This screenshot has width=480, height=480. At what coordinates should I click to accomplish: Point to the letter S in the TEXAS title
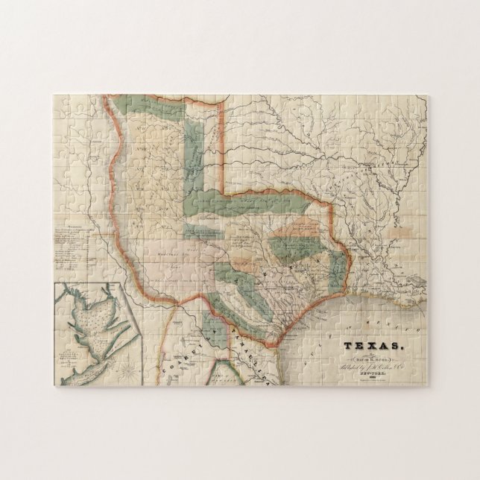[397, 346]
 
